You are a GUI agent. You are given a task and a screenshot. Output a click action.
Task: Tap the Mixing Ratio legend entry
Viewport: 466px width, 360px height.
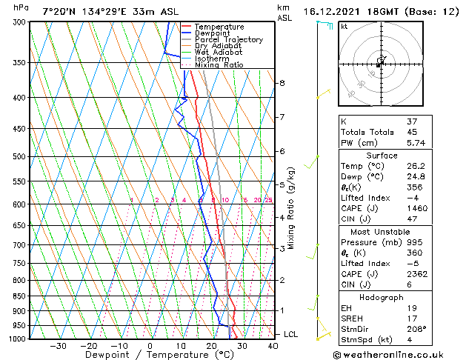pyautogui.click(x=219, y=65)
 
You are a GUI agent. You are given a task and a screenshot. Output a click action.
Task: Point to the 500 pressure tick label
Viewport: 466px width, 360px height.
pyautogui.click(x=20, y=157)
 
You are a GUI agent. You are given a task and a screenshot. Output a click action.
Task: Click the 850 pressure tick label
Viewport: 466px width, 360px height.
pyautogui.click(x=20, y=296)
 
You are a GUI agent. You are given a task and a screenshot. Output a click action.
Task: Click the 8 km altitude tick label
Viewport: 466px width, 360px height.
pyautogui.click(x=282, y=83)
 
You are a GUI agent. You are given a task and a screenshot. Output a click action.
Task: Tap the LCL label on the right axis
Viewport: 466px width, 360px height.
pyautogui.click(x=291, y=335)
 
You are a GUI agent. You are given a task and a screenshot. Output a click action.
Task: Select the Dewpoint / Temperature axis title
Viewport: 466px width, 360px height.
pyautogui.click(x=150, y=355)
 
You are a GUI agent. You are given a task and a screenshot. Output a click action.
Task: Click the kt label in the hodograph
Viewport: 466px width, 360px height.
pyautogui.click(x=344, y=26)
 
